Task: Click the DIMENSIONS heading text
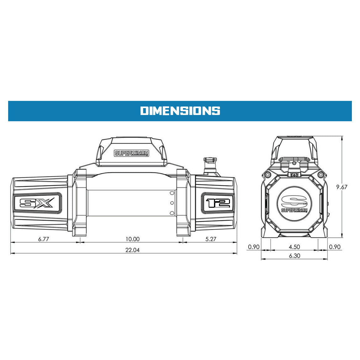pos(180,111)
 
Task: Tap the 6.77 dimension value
pos(44,239)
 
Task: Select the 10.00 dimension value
pos(133,239)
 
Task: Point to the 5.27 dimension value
pos(211,239)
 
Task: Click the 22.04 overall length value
pos(133,250)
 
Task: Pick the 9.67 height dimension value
pos(342,187)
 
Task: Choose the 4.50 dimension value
pos(295,247)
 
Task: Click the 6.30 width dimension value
pos(295,256)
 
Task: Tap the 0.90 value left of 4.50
pos(254,247)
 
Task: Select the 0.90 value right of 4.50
pos(335,247)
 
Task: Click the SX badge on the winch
pos(37,203)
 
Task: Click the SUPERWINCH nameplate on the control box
pos(132,153)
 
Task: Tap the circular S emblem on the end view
pos(294,203)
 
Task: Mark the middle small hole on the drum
pos(172,203)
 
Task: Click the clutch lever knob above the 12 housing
pos(211,160)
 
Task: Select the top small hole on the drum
pos(172,193)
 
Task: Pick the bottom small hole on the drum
pos(172,213)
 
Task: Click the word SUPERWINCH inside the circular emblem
pos(294,210)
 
